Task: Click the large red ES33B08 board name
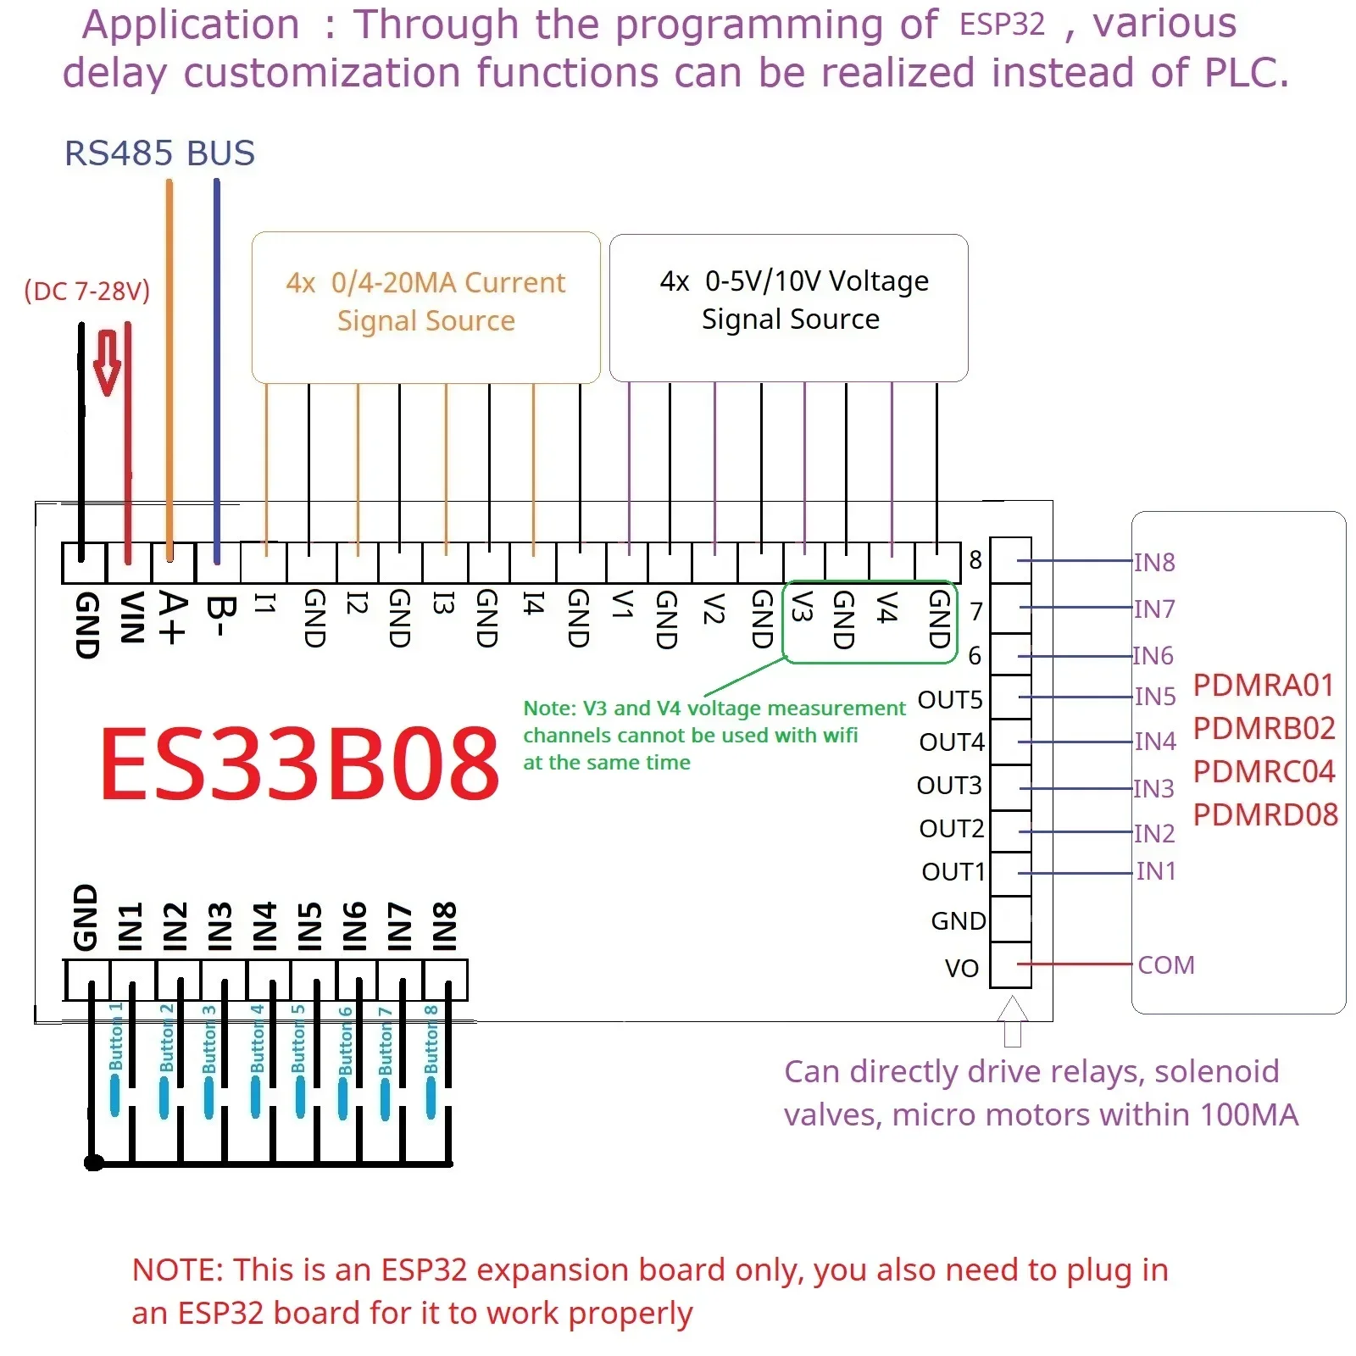299,764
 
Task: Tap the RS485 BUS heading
159,153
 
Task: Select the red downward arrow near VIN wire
107,363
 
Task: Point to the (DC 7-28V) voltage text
86,291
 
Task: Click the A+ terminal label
172,618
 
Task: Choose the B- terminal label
218,615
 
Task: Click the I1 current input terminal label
265,603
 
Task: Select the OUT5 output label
950,700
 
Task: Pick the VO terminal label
962,968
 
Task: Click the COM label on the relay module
1166,965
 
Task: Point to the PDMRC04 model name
1264,771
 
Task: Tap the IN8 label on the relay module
1154,563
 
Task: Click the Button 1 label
116,1036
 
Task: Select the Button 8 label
431,1039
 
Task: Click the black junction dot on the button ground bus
94,1163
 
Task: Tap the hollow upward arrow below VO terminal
1013,1021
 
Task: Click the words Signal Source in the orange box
425,320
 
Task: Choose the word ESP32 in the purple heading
1002,25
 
